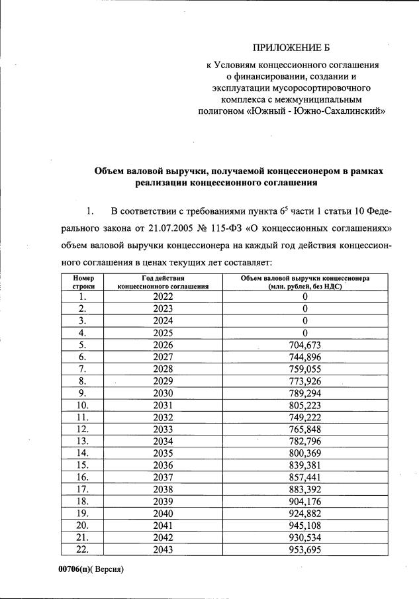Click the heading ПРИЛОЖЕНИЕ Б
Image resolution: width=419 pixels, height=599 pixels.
[291, 48]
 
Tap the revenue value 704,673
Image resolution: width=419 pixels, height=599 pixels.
[305, 345]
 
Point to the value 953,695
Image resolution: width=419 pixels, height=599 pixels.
[305, 549]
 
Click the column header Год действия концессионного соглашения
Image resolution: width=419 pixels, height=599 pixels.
[163, 282]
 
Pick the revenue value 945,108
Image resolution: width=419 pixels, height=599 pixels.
[305, 525]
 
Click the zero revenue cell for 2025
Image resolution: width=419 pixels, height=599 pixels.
[305, 332]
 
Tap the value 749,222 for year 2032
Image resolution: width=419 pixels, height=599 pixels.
[305, 416]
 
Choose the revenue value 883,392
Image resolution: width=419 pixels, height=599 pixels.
[305, 488]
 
